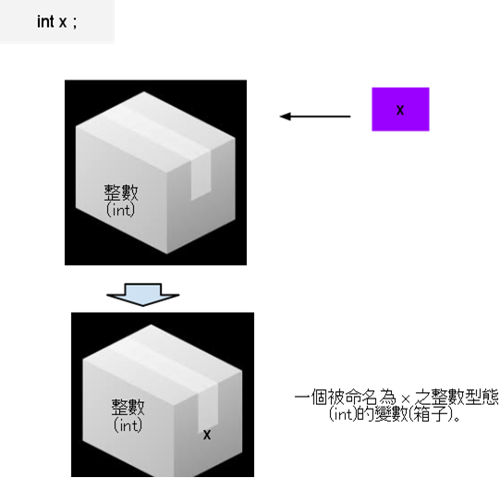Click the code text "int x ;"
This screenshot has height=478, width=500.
click(x=56, y=21)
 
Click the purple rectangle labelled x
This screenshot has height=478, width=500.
click(x=400, y=109)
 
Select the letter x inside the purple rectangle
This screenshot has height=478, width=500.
click(x=400, y=110)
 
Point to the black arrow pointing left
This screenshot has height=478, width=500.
click(x=315, y=116)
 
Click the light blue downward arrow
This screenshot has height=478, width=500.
click(x=143, y=295)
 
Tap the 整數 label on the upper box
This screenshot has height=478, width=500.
click(x=121, y=192)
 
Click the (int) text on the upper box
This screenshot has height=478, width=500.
click(x=120, y=210)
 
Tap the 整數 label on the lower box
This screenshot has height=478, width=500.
click(x=128, y=407)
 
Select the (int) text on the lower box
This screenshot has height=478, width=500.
click(x=128, y=425)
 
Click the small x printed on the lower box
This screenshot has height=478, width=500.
click(x=207, y=435)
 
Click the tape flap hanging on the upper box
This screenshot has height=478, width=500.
click(x=201, y=178)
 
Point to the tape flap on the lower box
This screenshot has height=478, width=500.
click(x=208, y=409)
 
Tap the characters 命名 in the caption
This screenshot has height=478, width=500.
click(x=362, y=398)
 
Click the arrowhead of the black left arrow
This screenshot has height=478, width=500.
click(x=285, y=116)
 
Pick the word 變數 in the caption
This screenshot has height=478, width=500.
click(x=391, y=414)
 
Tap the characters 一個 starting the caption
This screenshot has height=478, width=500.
click(x=311, y=398)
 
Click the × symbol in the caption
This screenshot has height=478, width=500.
click(x=406, y=398)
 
